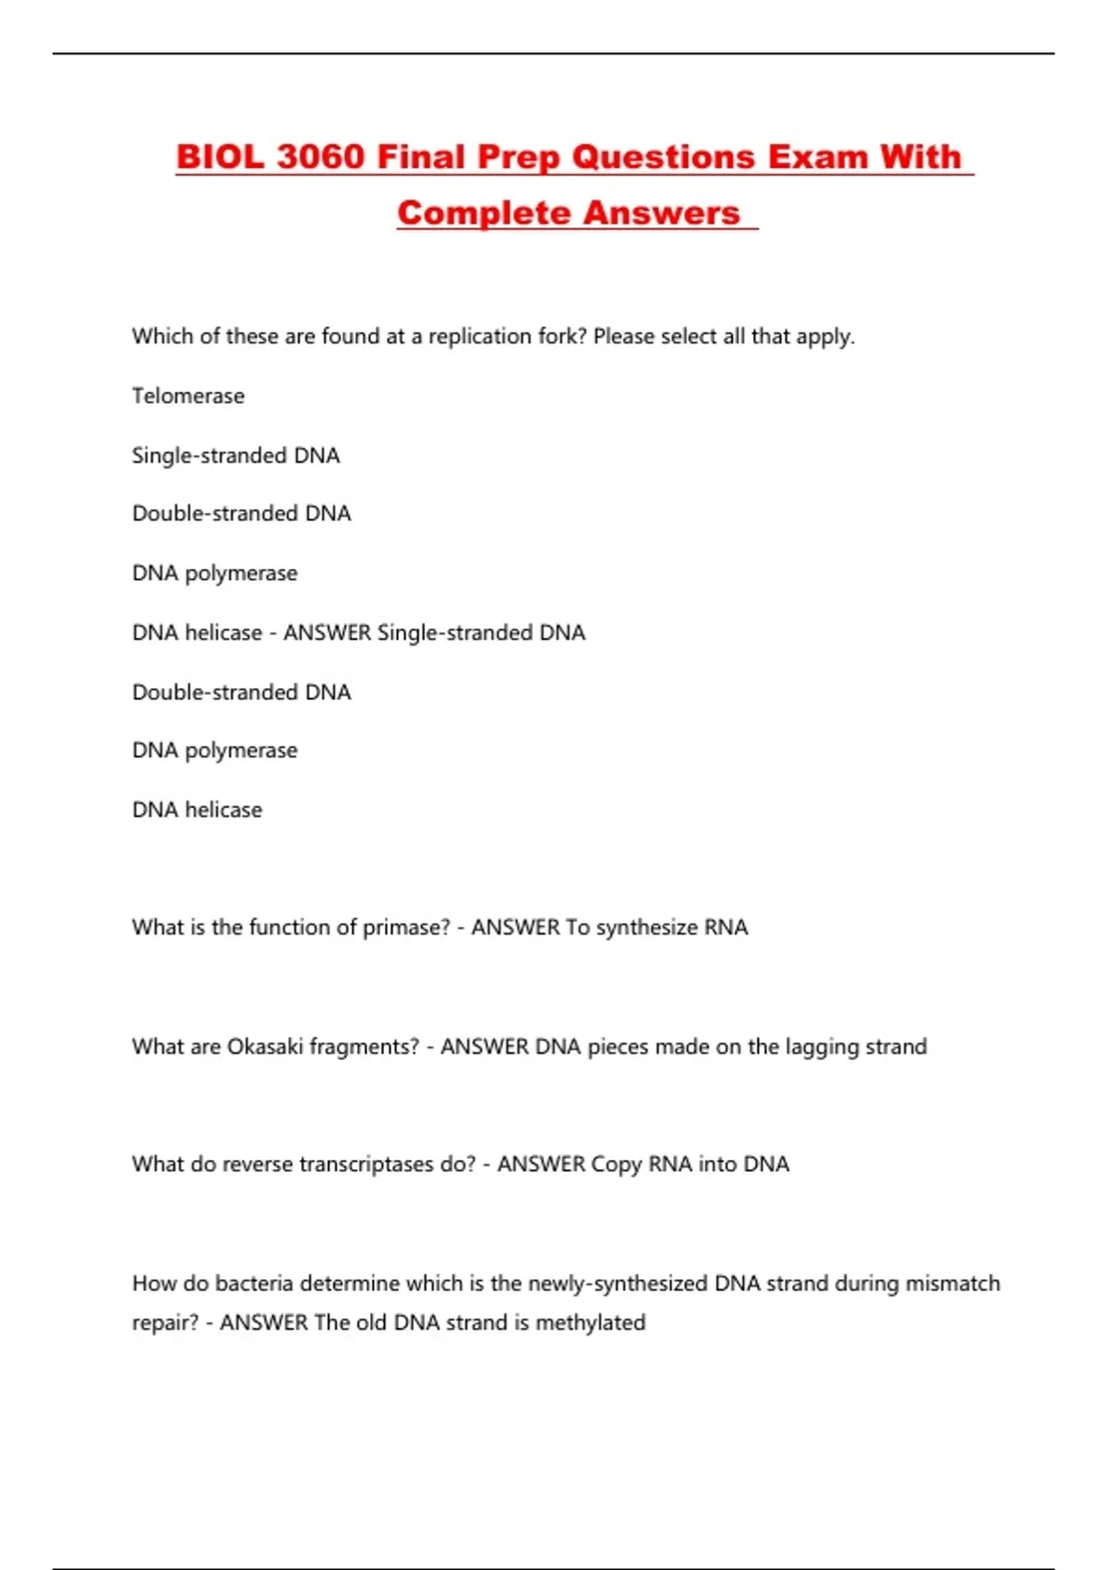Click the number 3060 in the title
pyautogui.click(x=320, y=156)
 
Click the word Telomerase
pyautogui.click(x=188, y=395)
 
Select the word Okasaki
pyautogui.click(x=264, y=1046)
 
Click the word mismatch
pyautogui.click(x=952, y=1283)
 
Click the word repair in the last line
pyautogui.click(x=164, y=1322)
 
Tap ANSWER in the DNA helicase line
pyautogui.click(x=327, y=633)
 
